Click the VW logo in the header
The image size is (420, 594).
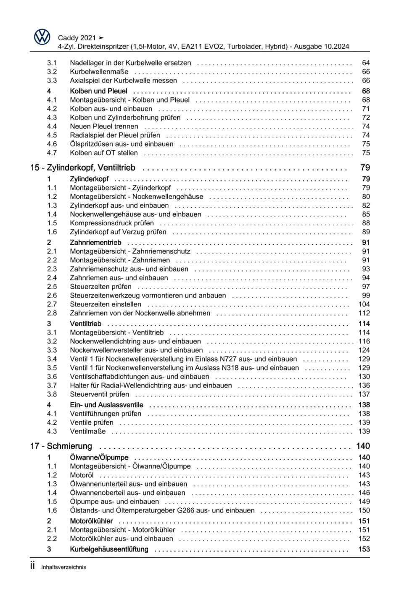[42, 37]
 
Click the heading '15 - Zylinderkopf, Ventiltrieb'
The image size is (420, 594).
[83, 168]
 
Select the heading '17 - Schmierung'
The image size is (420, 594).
[61, 446]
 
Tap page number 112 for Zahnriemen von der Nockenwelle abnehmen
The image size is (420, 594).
[364, 313]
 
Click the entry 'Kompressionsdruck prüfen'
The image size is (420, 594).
[112, 223]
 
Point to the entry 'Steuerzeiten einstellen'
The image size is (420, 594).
[106, 304]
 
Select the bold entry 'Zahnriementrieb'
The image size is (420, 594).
[95, 243]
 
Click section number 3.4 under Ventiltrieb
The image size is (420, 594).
[52, 359]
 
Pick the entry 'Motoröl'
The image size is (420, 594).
[82, 475]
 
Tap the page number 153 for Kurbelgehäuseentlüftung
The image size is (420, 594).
[364, 549]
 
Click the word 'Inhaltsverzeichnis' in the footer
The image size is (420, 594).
[63, 567]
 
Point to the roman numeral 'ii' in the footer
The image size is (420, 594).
[32, 566]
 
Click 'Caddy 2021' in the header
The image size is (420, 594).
[77, 38]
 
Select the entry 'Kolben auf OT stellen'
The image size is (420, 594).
[104, 153]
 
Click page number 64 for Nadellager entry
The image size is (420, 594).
[366, 63]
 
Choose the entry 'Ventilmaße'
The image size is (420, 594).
[88, 431]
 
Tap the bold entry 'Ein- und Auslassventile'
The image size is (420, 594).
[106, 405]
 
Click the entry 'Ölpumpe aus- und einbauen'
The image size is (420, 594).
[114, 502]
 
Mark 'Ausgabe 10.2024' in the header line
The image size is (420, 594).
[321, 47]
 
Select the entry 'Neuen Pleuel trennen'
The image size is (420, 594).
[104, 127]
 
